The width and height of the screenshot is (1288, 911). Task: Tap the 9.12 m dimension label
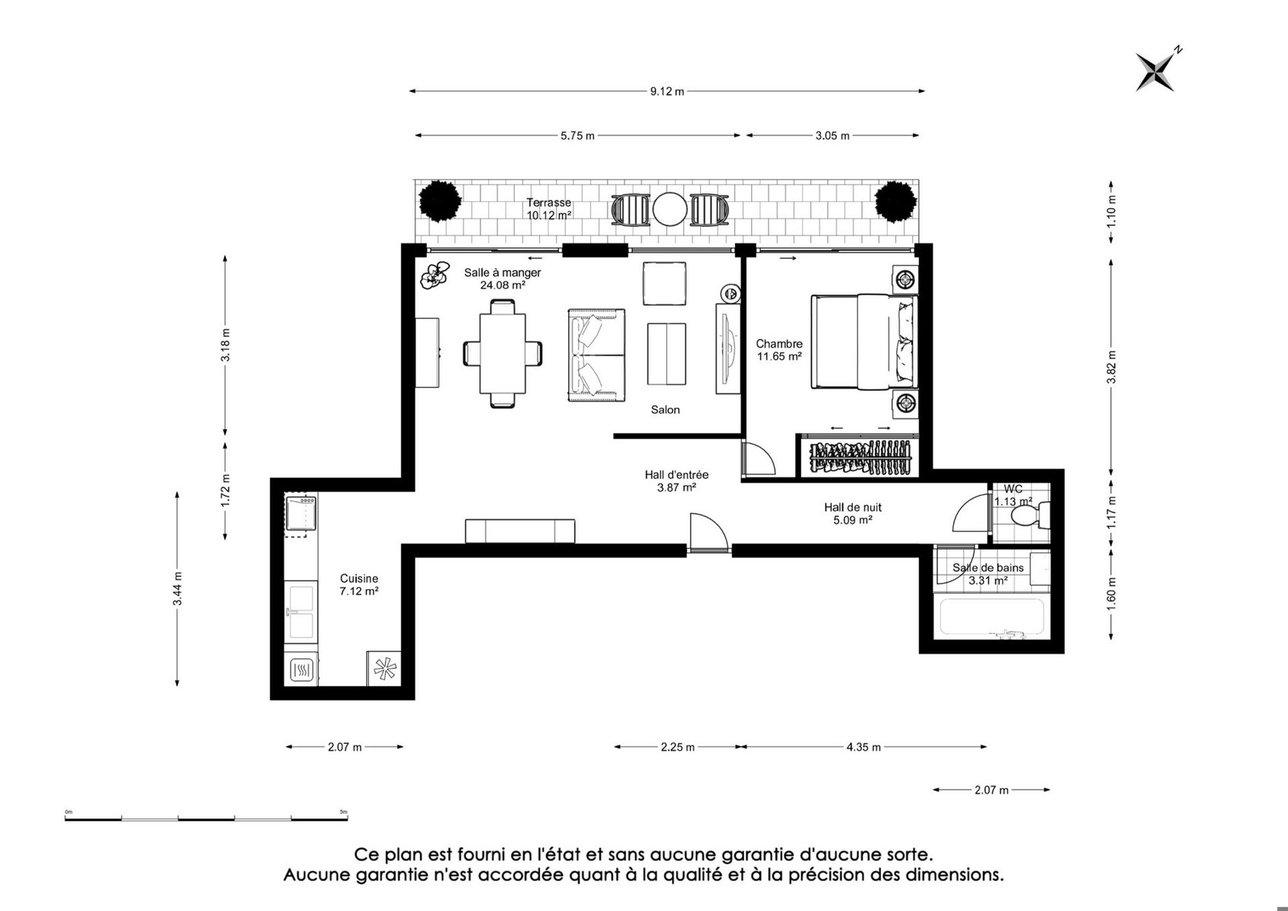pos(667,91)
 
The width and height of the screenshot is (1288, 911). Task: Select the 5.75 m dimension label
pos(578,136)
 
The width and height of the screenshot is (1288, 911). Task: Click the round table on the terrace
pos(670,210)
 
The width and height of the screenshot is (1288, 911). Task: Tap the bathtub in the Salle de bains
pos(992,618)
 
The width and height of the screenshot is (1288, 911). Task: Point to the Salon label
pos(665,410)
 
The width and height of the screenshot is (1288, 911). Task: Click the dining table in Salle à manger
pos(503,354)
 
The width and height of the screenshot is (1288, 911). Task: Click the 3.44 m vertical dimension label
pos(178,588)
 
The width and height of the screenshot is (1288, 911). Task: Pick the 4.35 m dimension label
pos(863,747)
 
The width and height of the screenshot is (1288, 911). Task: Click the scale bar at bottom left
pos(207,817)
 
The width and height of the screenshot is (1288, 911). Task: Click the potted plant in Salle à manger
pos(434,275)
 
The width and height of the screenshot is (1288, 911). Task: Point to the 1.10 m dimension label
pos(1112,211)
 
